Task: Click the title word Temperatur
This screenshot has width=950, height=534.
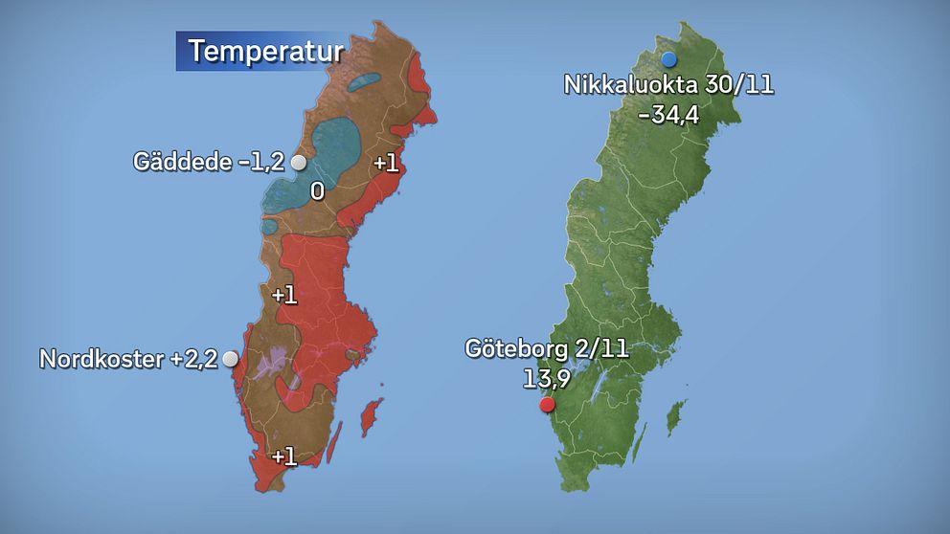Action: point(264,51)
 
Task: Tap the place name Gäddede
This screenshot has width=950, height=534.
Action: point(181,162)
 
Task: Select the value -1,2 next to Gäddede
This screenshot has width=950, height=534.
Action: point(260,162)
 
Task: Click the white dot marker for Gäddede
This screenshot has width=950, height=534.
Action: point(298,162)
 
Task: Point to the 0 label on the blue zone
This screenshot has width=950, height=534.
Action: point(317,192)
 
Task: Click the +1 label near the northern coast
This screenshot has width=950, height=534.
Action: point(386,163)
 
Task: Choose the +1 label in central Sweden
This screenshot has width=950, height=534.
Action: point(284,296)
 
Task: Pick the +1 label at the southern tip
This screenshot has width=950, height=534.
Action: point(283,456)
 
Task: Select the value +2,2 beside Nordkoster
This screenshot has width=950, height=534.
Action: point(194,360)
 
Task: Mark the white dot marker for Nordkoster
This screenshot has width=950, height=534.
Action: point(230,359)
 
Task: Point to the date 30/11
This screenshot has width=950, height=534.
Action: point(736,85)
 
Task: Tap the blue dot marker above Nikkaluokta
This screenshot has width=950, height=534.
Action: point(669,59)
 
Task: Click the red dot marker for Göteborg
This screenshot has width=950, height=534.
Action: point(547,405)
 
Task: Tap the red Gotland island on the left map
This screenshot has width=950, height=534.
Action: point(366,418)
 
